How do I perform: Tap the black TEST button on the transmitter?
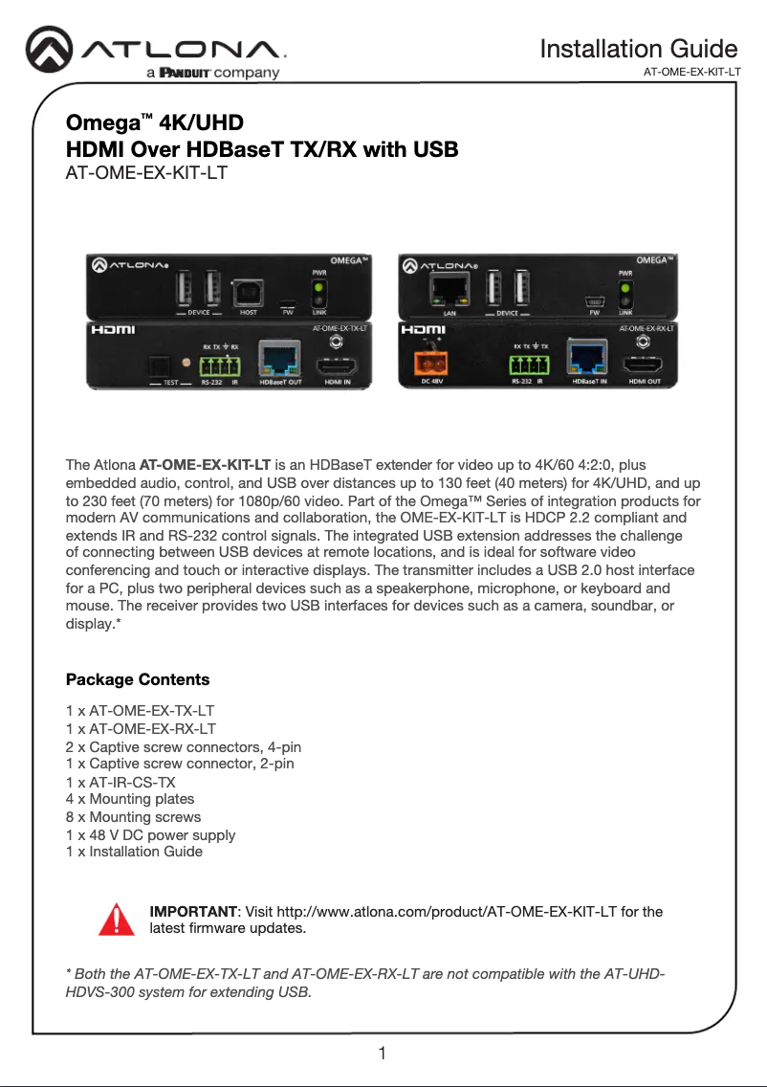coord(157,368)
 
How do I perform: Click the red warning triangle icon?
coord(116,919)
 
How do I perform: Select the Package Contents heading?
coord(138,679)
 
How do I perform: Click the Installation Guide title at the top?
coord(638,49)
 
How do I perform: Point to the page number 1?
coord(383,1054)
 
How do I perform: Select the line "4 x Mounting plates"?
coord(129,798)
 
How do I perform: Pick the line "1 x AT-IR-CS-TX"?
coord(121,781)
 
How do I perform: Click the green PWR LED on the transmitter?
coord(318,287)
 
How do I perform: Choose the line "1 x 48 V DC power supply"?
coord(150,834)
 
